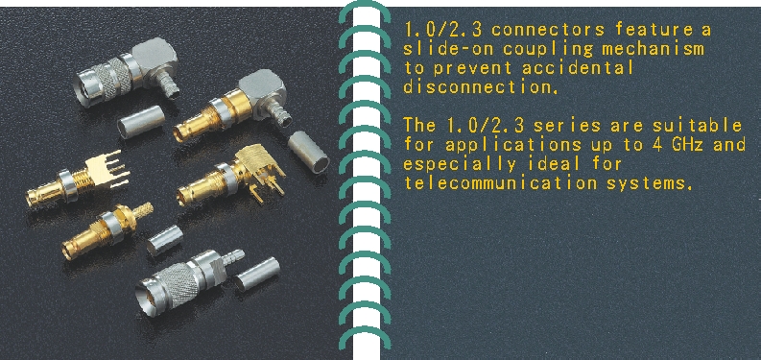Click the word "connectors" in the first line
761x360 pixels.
549,30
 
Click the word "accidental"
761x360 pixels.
578,67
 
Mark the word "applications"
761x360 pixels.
513,145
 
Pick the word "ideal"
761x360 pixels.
553,163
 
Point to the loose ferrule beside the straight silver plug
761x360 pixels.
256,274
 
